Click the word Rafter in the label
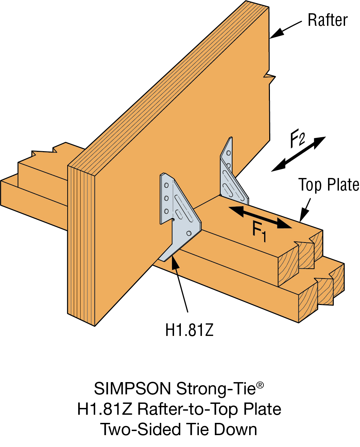click(327, 20)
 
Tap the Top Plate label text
click(328, 185)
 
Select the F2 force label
click(297, 139)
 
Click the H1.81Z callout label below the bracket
click(189, 330)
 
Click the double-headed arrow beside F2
click(299, 154)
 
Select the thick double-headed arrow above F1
click(260, 217)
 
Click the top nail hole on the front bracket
click(167, 185)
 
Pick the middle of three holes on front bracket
click(167, 198)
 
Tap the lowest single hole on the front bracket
click(189, 233)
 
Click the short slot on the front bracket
click(178, 214)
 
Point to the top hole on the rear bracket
click(229, 153)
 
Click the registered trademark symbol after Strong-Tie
click(260, 385)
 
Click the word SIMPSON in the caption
click(133, 389)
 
